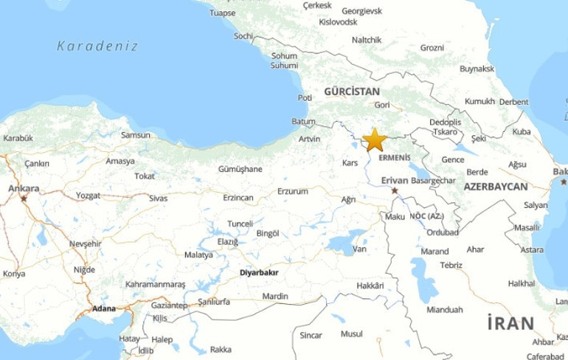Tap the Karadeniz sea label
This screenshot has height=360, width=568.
pos(97,46)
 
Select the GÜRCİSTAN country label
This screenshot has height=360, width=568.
pos(351,91)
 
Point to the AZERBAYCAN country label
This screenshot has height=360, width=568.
pos(496,187)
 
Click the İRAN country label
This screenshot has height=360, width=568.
pos(509,322)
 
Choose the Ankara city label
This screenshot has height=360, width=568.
pos(24,189)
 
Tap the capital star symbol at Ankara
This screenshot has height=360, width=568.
pos(24,198)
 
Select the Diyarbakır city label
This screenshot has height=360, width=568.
pos(261,271)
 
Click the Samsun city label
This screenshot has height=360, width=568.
pos(135,135)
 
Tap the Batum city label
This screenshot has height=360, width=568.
pos(303,122)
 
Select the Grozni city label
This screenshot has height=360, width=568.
pos(432,48)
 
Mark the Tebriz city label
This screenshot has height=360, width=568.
pos(450,266)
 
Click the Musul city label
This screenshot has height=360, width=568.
pos(351,334)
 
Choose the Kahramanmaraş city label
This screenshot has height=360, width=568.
pos(153,284)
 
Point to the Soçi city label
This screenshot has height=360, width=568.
pos(243,35)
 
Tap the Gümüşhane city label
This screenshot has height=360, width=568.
pos(240,169)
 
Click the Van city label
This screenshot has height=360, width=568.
pos(360,249)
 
